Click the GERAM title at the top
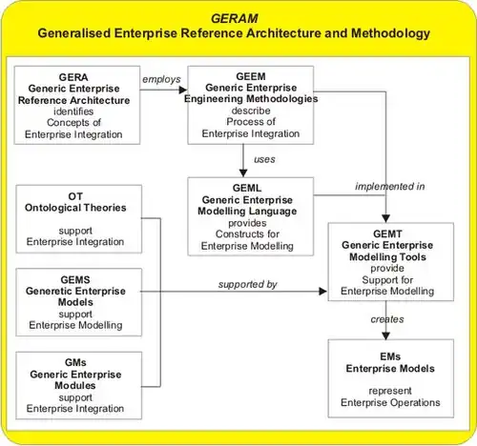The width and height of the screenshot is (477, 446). (x=235, y=18)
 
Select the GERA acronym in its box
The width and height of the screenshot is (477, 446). (x=73, y=77)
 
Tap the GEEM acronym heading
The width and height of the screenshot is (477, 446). (x=251, y=76)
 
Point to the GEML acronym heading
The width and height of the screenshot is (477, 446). (x=247, y=188)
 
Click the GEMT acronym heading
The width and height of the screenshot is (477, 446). (x=387, y=233)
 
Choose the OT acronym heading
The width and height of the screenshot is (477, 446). (x=75, y=196)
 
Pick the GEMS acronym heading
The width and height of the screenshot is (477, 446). (x=75, y=279)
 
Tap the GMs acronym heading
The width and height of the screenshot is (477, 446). (x=75, y=362)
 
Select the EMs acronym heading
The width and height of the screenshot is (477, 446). (x=390, y=356)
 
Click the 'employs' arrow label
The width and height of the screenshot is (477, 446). (x=161, y=79)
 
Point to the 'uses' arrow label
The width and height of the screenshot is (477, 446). (x=264, y=159)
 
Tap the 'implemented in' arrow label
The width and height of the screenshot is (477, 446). (x=390, y=187)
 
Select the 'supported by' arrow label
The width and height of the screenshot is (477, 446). (x=248, y=284)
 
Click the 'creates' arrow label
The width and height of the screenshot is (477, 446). (x=387, y=319)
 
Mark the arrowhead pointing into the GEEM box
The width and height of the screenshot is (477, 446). (x=183, y=90)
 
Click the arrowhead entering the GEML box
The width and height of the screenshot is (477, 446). (x=243, y=172)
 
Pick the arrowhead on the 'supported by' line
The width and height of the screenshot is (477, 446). (x=323, y=292)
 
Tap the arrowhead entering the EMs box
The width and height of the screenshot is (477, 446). (x=385, y=335)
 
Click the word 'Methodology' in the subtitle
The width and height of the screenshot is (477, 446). (x=390, y=33)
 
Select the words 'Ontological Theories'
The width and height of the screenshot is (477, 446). (x=75, y=208)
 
